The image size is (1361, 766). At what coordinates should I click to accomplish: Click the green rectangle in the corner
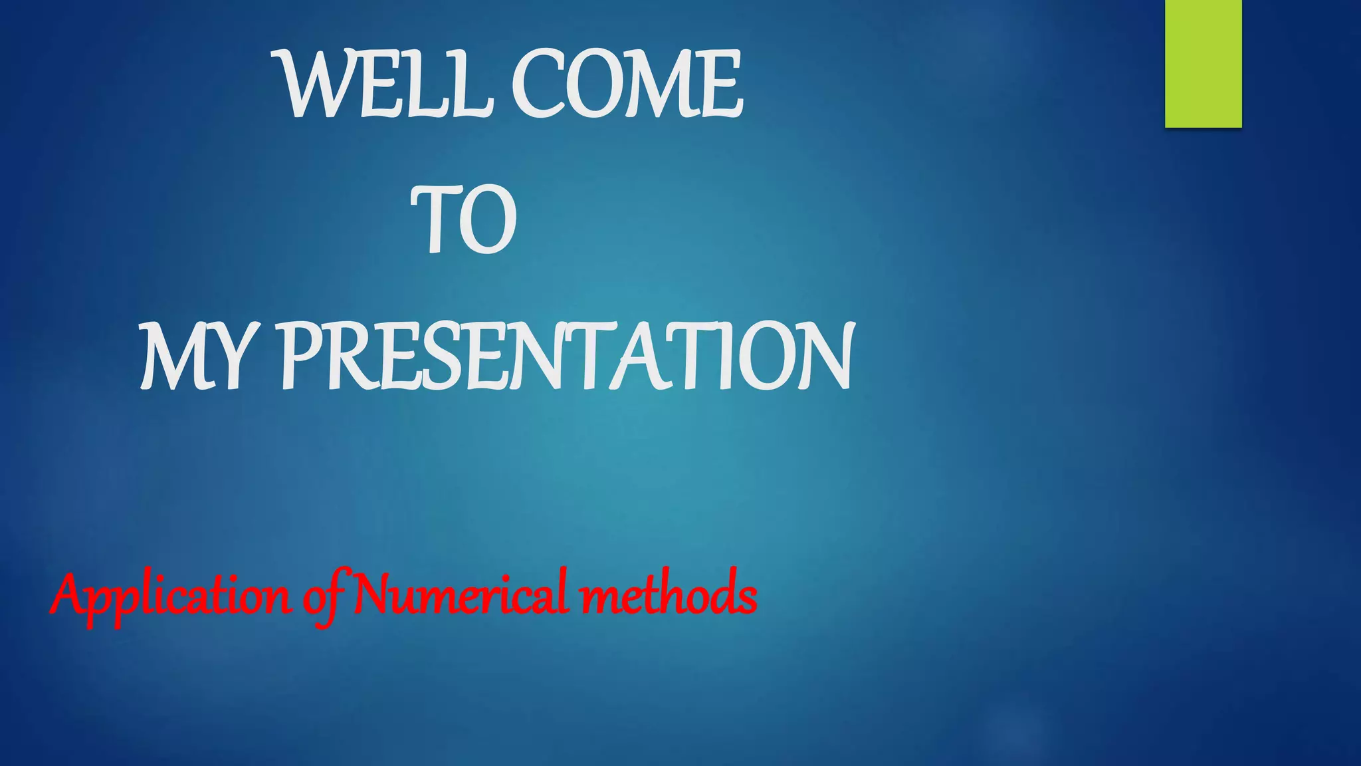tap(1203, 63)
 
